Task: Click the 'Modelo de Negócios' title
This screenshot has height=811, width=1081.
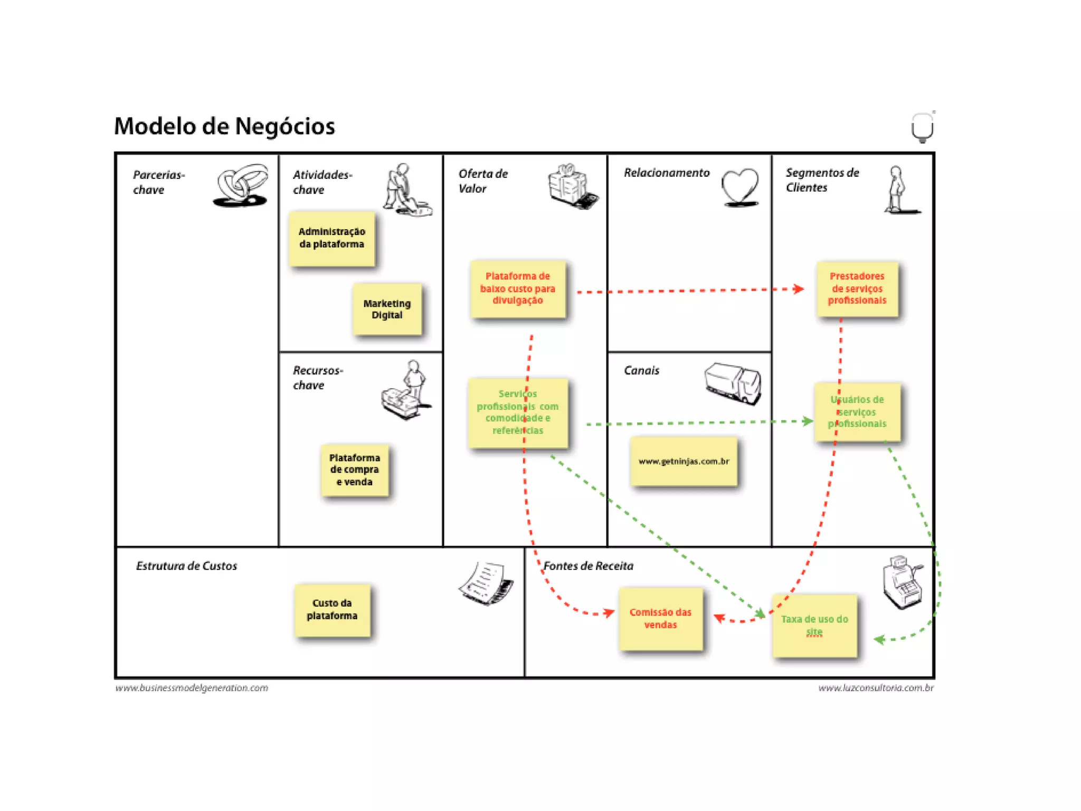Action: (x=224, y=127)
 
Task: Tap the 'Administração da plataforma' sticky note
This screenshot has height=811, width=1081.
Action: (x=332, y=238)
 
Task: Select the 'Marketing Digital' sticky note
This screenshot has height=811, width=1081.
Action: (x=387, y=309)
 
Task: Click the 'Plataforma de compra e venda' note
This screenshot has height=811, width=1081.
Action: (x=355, y=470)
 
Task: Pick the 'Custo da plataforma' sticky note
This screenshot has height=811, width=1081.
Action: (x=332, y=610)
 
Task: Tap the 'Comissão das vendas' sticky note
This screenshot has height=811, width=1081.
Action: (x=660, y=618)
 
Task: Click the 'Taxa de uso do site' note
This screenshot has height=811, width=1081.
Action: (x=814, y=626)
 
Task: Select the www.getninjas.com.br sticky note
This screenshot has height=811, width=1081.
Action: (x=684, y=461)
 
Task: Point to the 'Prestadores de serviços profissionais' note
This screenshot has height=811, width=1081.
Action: (x=857, y=288)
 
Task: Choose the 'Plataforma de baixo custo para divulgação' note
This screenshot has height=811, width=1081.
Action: (x=518, y=288)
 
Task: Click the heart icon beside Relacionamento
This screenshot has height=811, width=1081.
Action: (x=740, y=187)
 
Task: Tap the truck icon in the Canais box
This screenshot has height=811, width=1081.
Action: (x=733, y=383)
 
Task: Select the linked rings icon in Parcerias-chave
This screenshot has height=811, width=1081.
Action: (x=241, y=185)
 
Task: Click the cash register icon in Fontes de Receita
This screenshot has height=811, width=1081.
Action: (x=903, y=582)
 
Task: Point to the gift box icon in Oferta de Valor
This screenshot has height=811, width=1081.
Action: (x=572, y=185)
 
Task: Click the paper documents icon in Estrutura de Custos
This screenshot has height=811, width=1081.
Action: (x=487, y=583)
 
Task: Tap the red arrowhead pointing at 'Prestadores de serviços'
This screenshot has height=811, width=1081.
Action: (x=799, y=289)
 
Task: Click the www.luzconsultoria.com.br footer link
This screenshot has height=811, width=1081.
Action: (x=876, y=688)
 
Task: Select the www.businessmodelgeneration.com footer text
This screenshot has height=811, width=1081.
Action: (x=192, y=688)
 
